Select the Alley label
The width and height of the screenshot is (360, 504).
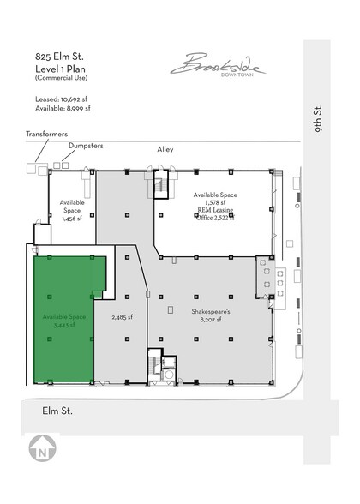(165, 149)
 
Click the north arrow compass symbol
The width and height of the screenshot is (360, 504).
(40, 449)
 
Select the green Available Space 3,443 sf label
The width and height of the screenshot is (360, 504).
(64, 321)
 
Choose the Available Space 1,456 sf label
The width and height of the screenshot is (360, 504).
(71, 210)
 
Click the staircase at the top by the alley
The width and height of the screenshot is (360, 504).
(161, 185)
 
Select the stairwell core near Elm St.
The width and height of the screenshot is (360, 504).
(159, 363)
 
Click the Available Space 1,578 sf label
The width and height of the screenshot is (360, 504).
(215, 200)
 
